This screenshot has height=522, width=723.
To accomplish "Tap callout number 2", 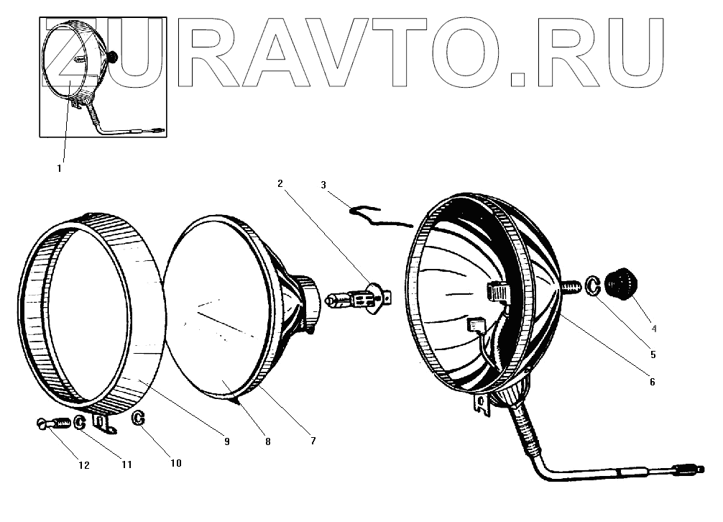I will (x=281, y=185).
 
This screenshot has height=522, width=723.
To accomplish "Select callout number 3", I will (x=324, y=186).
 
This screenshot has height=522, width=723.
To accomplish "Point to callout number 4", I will (x=653, y=329).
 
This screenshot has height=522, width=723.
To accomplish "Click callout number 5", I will (x=654, y=354).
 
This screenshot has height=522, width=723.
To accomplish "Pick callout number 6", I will (x=652, y=383).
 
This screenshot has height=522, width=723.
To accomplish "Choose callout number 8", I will (x=267, y=441).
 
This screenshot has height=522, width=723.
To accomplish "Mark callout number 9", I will (x=226, y=441).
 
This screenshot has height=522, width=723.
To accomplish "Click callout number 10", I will (x=176, y=464).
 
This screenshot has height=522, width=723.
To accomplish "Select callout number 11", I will (x=126, y=464).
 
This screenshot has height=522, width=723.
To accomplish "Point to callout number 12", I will (x=84, y=465).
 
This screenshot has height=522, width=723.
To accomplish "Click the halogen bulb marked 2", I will (x=356, y=298).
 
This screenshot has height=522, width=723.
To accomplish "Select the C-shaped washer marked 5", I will (x=593, y=285).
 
